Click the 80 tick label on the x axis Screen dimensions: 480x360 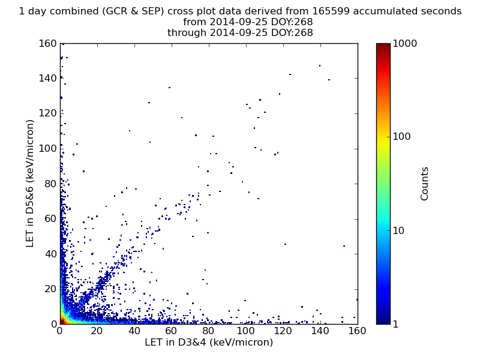point(208,331)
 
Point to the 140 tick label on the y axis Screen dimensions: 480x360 point(47,79)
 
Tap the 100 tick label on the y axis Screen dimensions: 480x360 point(47,149)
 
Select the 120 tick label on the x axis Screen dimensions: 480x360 point(283,331)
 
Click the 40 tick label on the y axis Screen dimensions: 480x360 point(50,254)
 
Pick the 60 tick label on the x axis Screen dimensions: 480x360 point(171,331)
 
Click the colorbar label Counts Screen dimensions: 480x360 point(424,184)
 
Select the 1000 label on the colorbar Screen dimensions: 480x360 point(404,43)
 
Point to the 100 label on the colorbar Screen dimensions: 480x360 point(401,137)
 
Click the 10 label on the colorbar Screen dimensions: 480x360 point(398,230)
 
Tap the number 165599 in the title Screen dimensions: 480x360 point(331,11)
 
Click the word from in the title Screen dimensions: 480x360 point(194,22)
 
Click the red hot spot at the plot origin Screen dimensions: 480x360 point(62,321)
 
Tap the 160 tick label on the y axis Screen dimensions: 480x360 point(47,43)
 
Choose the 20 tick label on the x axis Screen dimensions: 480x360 point(97,331)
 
